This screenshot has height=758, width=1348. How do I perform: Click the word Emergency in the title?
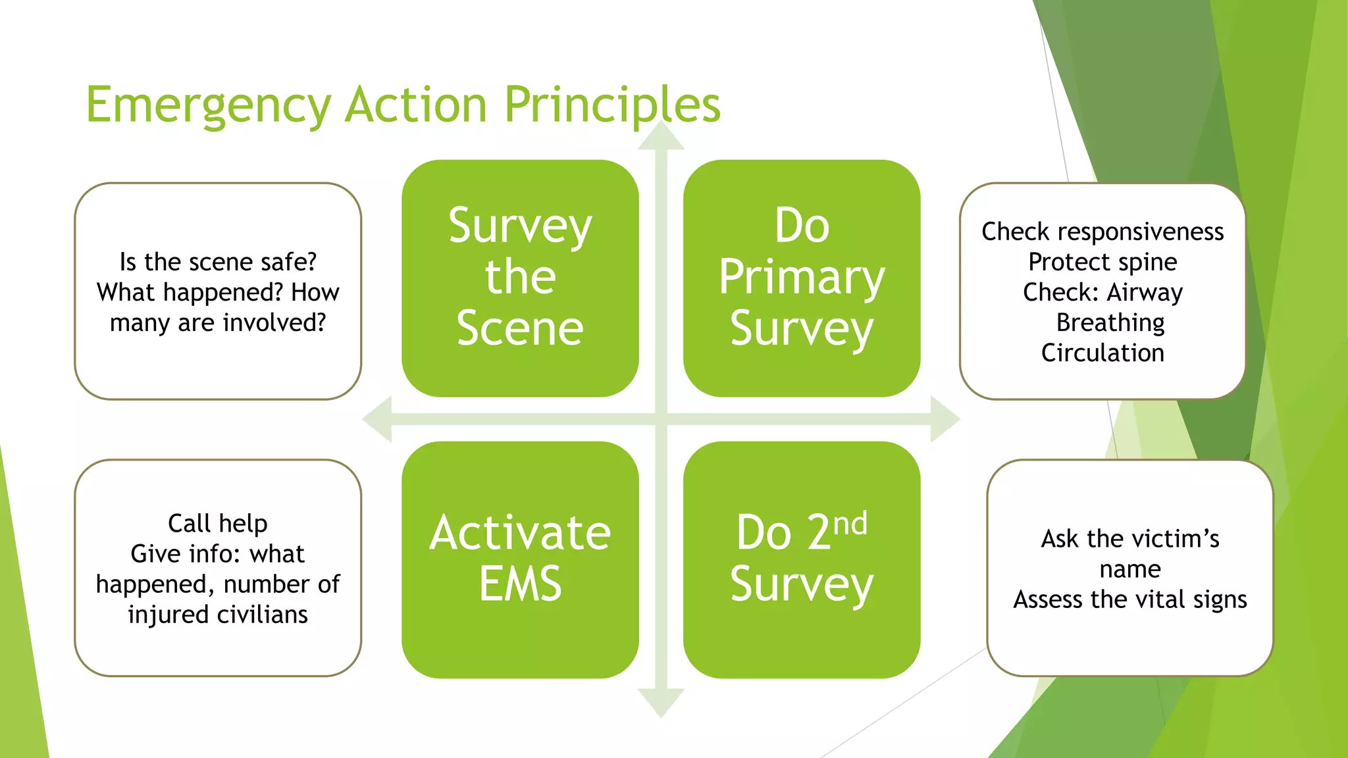click(208, 105)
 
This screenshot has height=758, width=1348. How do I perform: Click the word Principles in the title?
click(612, 105)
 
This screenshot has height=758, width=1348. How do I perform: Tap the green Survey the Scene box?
click(520, 278)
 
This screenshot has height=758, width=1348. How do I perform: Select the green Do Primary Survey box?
click(802, 278)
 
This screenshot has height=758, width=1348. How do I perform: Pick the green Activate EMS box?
click(520, 559)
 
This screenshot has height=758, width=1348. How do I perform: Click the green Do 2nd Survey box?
click(802, 559)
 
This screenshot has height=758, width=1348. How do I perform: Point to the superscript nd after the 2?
click(850, 524)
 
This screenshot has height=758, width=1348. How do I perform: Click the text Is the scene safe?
click(218, 262)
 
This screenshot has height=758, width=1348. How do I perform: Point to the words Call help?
click(218, 523)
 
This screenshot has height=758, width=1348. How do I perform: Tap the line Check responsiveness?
click(1102, 232)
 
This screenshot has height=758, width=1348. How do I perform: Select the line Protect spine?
click(1102, 262)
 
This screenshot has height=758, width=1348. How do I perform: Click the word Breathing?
click(1110, 322)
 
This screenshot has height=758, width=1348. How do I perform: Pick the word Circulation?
click(1102, 353)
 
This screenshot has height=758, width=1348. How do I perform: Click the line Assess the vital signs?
click(1130, 599)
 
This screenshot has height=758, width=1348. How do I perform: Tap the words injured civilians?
click(218, 615)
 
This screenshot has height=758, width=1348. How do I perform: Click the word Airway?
click(1145, 292)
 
